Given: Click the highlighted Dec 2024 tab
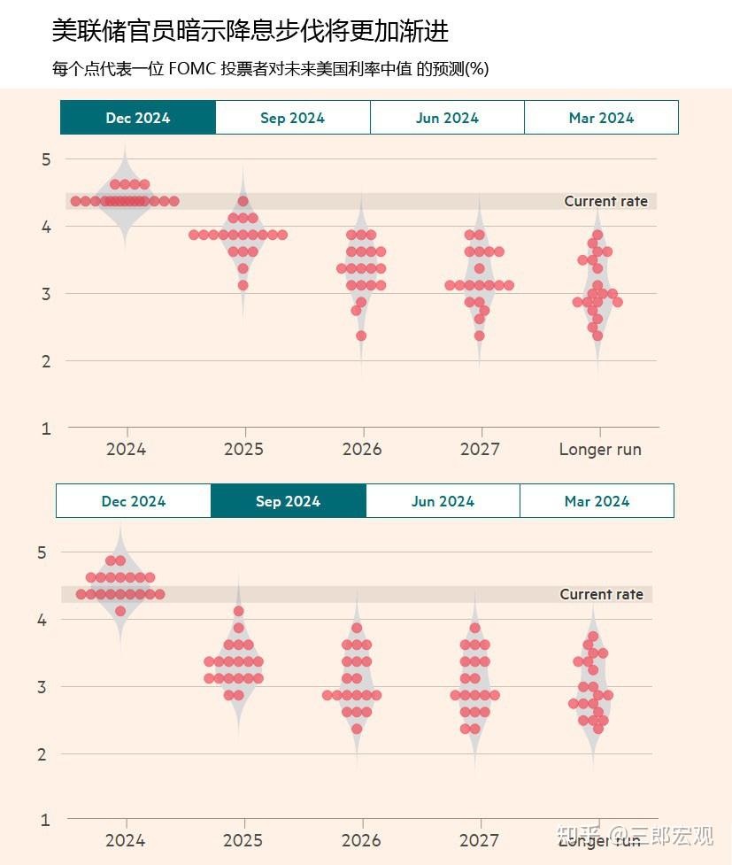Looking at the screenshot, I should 137,118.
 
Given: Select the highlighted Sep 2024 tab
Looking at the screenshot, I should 288,501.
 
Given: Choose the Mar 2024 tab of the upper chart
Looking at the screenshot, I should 601,118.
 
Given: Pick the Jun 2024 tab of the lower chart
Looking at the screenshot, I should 443,501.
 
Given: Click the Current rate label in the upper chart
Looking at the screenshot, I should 605,202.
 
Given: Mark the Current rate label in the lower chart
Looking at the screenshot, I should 601,594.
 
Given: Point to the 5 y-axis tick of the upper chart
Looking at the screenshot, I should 47,159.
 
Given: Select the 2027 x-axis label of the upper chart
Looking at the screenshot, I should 480,449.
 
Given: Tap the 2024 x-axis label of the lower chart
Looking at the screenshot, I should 125,840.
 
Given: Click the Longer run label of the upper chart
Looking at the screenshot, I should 600,449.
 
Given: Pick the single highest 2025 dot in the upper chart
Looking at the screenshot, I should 243,201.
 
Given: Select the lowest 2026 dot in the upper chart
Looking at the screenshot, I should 361,336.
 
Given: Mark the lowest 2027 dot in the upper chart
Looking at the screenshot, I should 479,336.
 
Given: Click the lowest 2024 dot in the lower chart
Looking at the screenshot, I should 120,611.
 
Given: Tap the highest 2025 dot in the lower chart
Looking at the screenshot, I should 238,611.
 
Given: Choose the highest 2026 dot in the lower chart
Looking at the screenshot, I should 357,628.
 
